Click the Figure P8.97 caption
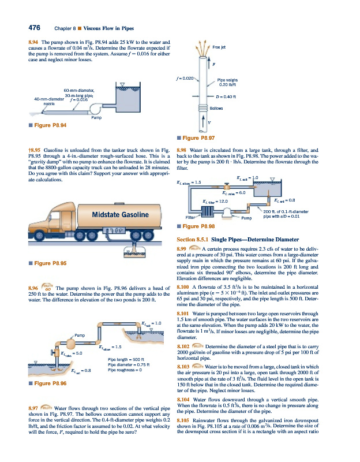click(198, 139)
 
